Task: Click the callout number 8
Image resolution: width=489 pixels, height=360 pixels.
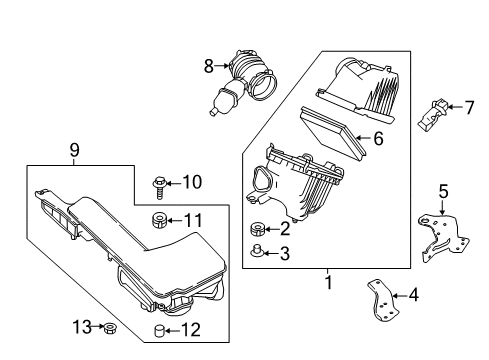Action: click(x=209, y=66)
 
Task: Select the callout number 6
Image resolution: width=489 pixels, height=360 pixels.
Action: click(x=378, y=138)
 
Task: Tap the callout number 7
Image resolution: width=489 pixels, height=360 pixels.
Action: click(x=469, y=108)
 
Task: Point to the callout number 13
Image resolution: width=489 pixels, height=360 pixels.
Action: click(x=82, y=327)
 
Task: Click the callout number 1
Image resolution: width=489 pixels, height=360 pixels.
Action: click(x=329, y=282)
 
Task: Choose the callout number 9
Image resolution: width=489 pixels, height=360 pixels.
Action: click(x=75, y=150)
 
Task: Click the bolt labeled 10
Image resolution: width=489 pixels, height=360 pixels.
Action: click(x=159, y=188)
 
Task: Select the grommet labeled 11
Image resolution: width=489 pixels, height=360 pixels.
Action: click(x=159, y=221)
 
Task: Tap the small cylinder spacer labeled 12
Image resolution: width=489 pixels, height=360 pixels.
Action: click(x=159, y=331)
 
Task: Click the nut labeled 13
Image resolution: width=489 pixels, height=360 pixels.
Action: click(x=108, y=328)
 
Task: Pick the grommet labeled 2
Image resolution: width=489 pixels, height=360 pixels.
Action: click(x=258, y=229)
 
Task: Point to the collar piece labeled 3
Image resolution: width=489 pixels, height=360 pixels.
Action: click(x=256, y=251)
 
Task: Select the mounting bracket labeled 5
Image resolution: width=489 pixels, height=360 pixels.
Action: click(x=443, y=237)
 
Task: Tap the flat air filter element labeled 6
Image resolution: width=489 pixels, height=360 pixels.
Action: click(x=333, y=131)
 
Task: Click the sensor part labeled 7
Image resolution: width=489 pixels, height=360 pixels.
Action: click(x=431, y=115)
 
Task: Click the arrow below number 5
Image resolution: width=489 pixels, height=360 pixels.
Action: click(x=443, y=207)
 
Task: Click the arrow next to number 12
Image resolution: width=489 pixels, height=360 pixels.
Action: click(x=173, y=331)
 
